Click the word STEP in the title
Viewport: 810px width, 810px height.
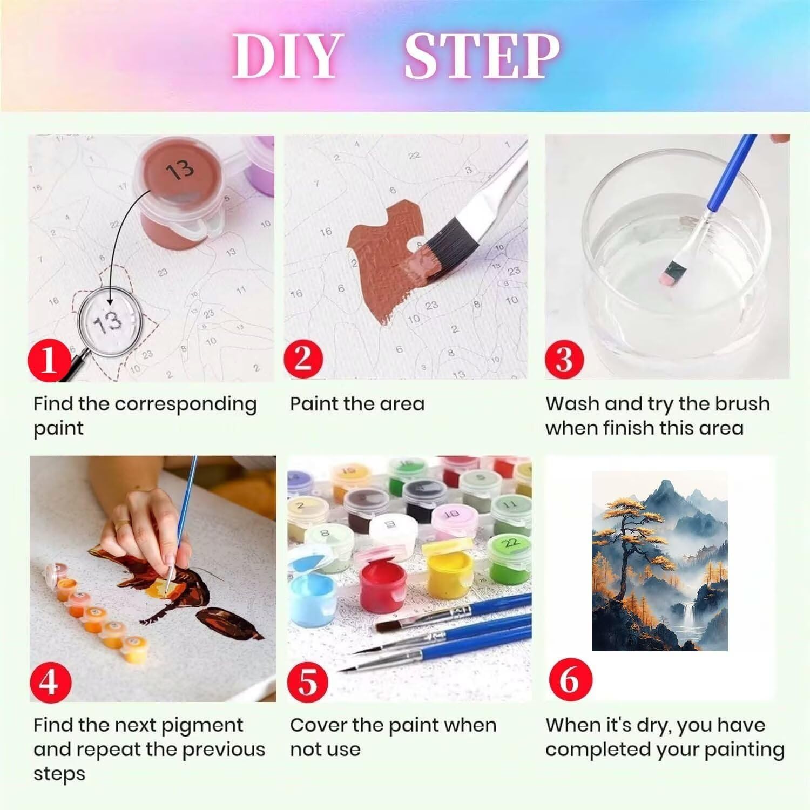[x=482, y=56]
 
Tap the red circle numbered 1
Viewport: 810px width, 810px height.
[x=49, y=359]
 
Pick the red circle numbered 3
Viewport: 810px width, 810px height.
[x=564, y=359]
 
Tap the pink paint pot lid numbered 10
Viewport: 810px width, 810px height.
[x=453, y=515]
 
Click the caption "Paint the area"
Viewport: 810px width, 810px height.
[x=357, y=404]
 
